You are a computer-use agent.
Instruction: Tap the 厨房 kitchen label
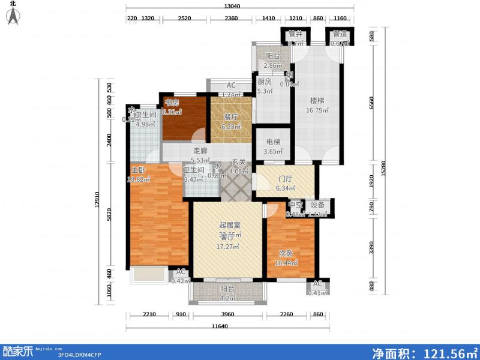point(265,82)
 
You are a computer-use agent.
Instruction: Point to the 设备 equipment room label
point(317,205)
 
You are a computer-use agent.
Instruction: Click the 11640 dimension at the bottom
point(223,326)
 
